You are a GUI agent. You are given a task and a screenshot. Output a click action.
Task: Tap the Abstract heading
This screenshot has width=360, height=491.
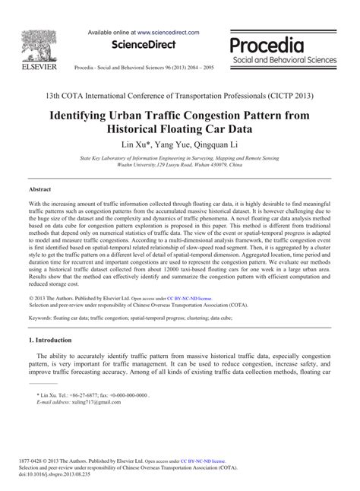[x=39, y=188]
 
